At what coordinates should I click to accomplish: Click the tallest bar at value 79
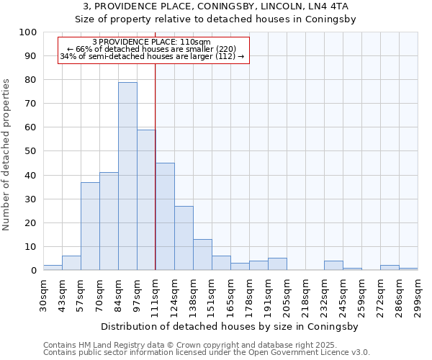(x=127, y=176)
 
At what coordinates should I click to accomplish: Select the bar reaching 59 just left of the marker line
(x=146, y=200)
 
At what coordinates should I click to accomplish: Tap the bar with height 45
(x=165, y=217)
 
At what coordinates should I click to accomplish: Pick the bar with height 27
(x=184, y=238)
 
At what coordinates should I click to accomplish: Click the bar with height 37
(x=90, y=226)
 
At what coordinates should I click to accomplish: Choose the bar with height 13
(x=202, y=255)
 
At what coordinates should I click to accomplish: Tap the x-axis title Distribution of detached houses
(x=230, y=326)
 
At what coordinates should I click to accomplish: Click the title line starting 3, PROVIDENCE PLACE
(x=216, y=7)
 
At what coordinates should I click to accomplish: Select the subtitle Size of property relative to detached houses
(x=216, y=19)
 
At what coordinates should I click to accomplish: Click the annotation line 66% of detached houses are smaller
(x=152, y=49)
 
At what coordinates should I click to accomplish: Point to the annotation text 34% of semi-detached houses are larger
(x=152, y=56)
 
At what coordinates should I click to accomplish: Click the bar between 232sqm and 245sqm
(x=333, y=266)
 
